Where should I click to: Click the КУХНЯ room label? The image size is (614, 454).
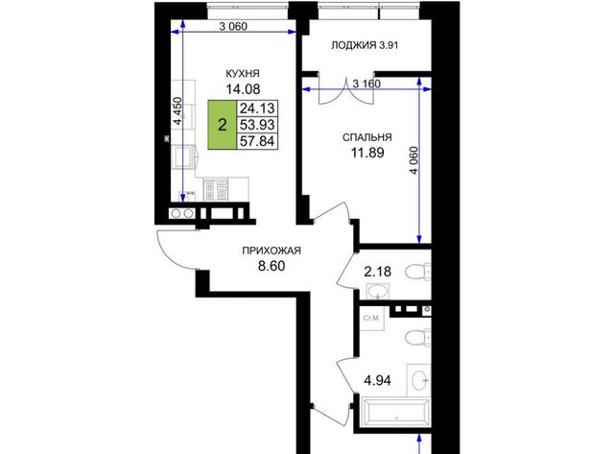[243, 73]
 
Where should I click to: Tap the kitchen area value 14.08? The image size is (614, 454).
[243, 89]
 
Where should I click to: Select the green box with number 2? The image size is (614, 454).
[222, 125]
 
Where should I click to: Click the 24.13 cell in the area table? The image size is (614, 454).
[257, 108]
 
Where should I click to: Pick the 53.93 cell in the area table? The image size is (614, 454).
[257, 125]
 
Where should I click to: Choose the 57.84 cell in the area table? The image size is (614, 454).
[257, 141]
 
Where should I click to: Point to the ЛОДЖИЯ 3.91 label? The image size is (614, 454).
[365, 45]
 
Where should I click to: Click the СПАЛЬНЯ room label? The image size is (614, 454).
[366, 137]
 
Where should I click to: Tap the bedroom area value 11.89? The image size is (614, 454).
[367, 153]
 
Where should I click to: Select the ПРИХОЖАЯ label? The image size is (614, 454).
[272, 251]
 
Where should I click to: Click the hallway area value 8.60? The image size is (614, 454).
[272, 267]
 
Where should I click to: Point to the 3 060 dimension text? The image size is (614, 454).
[233, 27]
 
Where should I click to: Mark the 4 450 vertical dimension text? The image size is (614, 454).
[178, 111]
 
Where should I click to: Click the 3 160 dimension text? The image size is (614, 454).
[366, 84]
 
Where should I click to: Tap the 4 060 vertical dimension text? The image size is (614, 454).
[414, 160]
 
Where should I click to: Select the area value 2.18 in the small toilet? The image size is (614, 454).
[377, 272]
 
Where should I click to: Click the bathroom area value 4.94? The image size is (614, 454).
[377, 380]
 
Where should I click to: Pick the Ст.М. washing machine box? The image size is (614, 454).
[371, 319]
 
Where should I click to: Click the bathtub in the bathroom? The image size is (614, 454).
[396, 413]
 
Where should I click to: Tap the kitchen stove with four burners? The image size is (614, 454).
[215, 189]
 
